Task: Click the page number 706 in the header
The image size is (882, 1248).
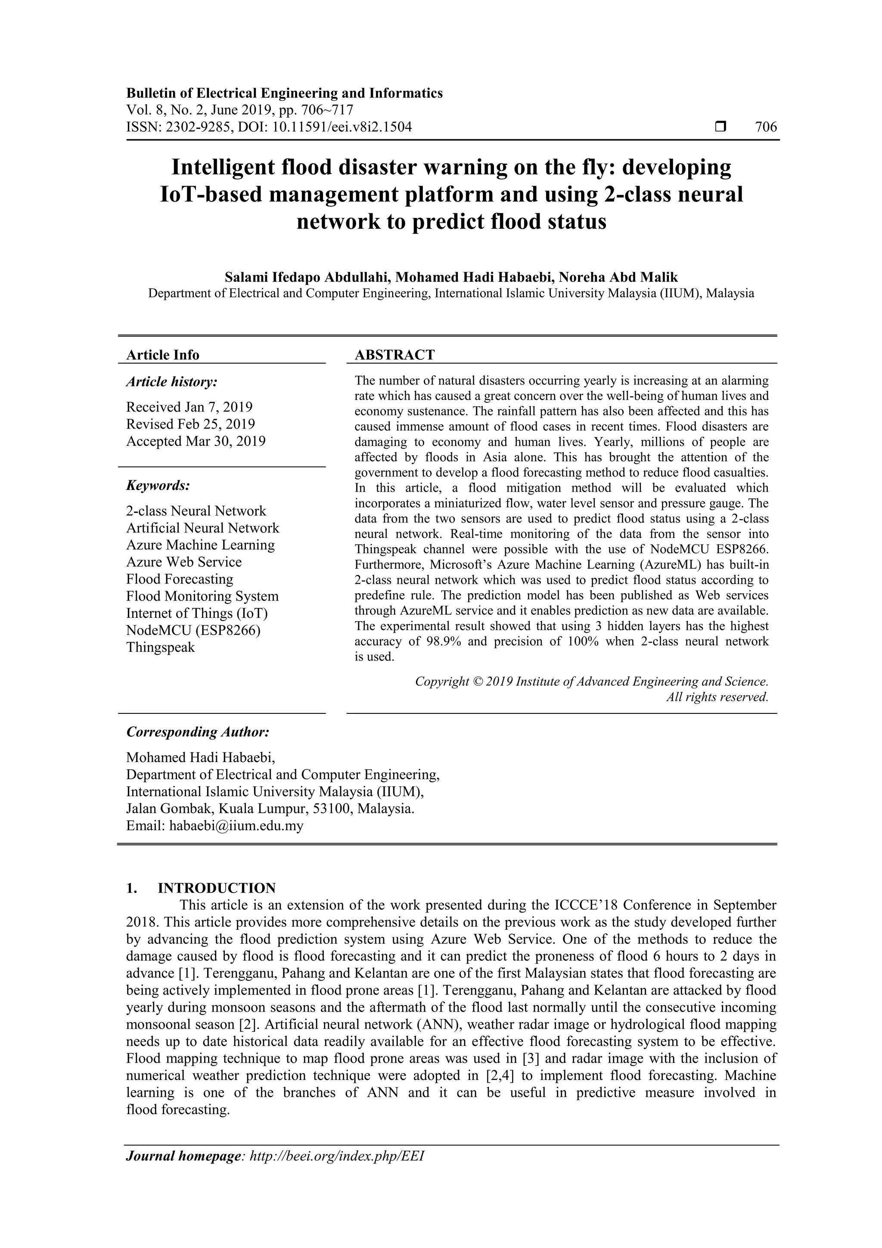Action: pyautogui.click(x=766, y=127)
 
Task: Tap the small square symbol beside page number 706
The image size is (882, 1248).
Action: pyautogui.click(x=721, y=127)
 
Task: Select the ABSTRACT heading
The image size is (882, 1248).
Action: pyautogui.click(x=394, y=355)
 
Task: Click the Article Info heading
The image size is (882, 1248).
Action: pyautogui.click(x=162, y=355)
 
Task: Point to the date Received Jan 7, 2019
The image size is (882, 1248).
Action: pyautogui.click(x=189, y=407)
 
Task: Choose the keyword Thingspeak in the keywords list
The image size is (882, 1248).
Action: pyautogui.click(x=160, y=647)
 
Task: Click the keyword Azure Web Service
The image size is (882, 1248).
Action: pyautogui.click(x=184, y=562)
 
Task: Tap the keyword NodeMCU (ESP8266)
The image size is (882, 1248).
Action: pyautogui.click(x=193, y=631)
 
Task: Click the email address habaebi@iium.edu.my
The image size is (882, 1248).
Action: pyautogui.click(x=236, y=826)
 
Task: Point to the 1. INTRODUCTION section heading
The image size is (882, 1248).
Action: pyautogui.click(x=201, y=888)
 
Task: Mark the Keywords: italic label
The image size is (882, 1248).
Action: pyautogui.click(x=158, y=486)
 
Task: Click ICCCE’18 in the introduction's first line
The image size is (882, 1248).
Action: pyautogui.click(x=586, y=906)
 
